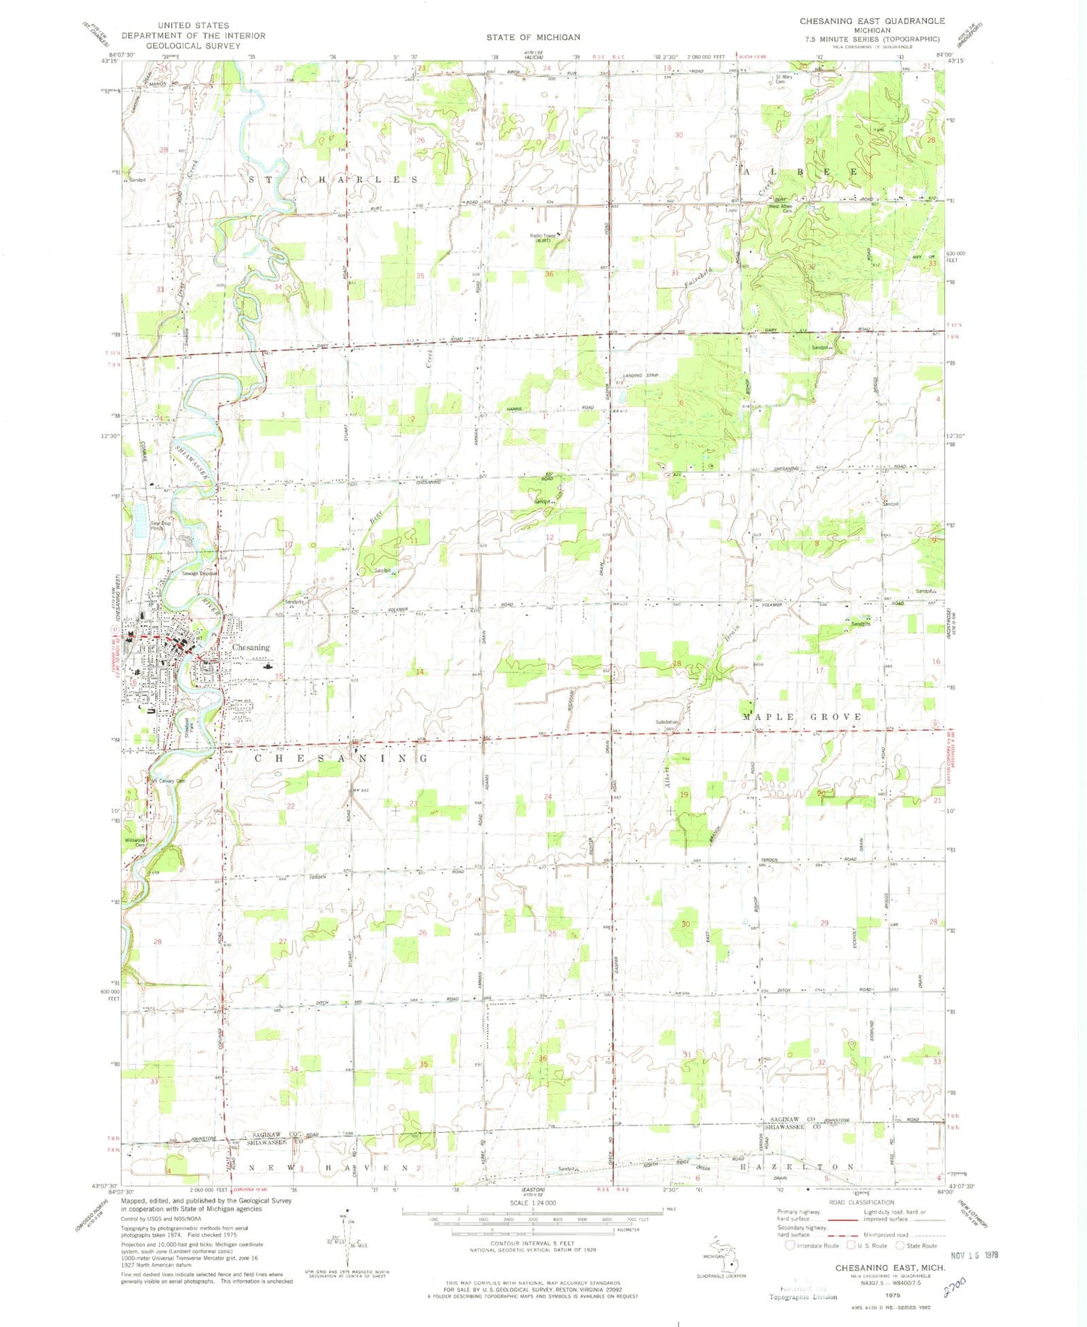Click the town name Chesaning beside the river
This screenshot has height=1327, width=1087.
pyautogui.click(x=250, y=647)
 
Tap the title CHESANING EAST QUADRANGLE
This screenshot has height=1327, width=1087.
pyautogui.click(x=872, y=21)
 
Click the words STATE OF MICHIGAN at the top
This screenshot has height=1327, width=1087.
pyautogui.click(x=533, y=37)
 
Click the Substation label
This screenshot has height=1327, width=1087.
pyautogui.click(x=667, y=722)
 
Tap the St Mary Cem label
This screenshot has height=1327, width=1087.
pyautogui.click(x=784, y=79)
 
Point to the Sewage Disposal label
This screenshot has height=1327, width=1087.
pyautogui.click(x=199, y=573)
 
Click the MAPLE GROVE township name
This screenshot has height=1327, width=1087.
pyautogui.click(x=802, y=716)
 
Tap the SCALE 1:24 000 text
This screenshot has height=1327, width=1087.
pyautogui.click(x=533, y=1202)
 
